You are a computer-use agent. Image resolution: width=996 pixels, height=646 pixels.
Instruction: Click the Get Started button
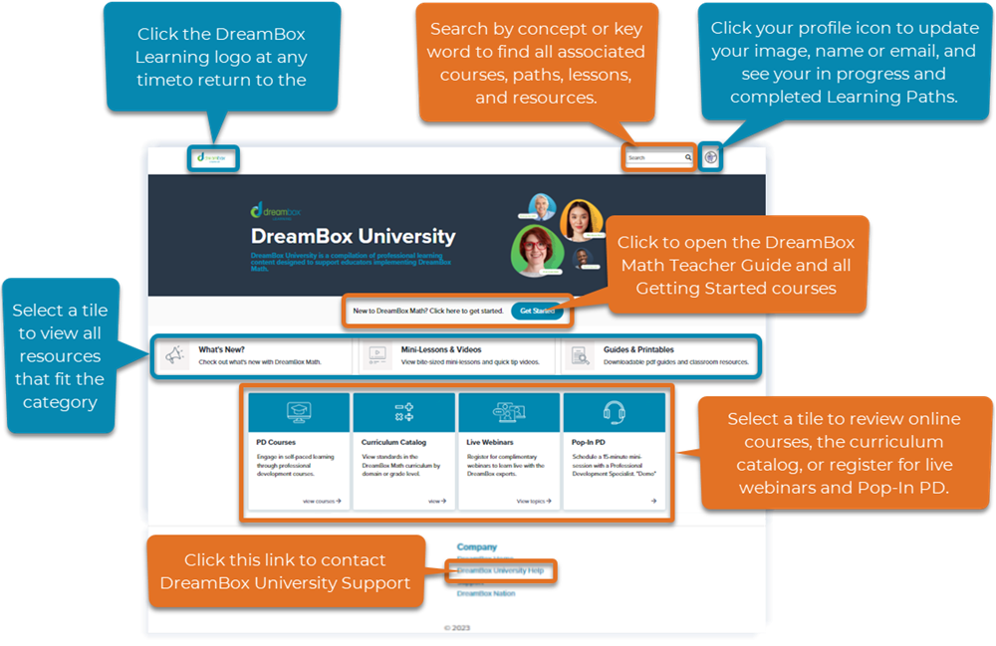(537, 312)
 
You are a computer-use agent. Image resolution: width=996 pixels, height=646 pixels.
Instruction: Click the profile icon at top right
(710, 157)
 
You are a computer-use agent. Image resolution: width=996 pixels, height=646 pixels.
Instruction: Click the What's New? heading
(222, 350)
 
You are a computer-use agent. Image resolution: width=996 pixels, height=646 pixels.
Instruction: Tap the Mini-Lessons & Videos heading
(440, 350)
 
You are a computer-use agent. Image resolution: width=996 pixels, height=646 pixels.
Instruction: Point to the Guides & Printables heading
(638, 350)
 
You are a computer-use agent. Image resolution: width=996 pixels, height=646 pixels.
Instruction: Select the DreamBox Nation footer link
(486, 593)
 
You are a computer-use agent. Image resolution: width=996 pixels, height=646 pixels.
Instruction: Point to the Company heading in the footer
(476, 547)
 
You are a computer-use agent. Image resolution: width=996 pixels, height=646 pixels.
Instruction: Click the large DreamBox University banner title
(353, 237)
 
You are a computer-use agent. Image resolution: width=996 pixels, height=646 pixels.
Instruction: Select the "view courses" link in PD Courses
(321, 502)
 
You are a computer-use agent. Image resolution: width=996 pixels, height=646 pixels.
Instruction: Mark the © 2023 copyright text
(456, 628)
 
